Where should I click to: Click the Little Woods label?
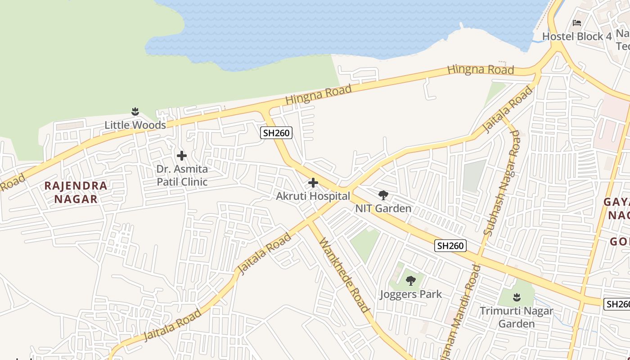[135, 125]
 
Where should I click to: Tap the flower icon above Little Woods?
[135, 111]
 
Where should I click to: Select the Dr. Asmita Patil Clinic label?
[182, 175]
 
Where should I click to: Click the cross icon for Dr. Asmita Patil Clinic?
[182, 156]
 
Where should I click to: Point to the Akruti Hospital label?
[313, 196]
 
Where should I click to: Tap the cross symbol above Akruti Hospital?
[313, 183]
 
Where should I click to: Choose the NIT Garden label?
[383, 208]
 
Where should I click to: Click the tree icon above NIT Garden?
[383, 195]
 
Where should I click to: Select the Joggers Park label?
[410, 294]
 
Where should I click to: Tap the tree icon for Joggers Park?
[410, 281]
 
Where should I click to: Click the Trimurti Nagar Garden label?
[516, 317]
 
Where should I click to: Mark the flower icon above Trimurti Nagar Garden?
[517, 297]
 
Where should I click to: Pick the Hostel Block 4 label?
[577, 36]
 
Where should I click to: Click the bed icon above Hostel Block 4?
[577, 23]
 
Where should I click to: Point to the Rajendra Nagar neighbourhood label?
[76, 192]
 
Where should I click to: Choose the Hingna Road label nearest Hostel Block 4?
[481, 70]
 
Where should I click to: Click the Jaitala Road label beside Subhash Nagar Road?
[508, 110]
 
